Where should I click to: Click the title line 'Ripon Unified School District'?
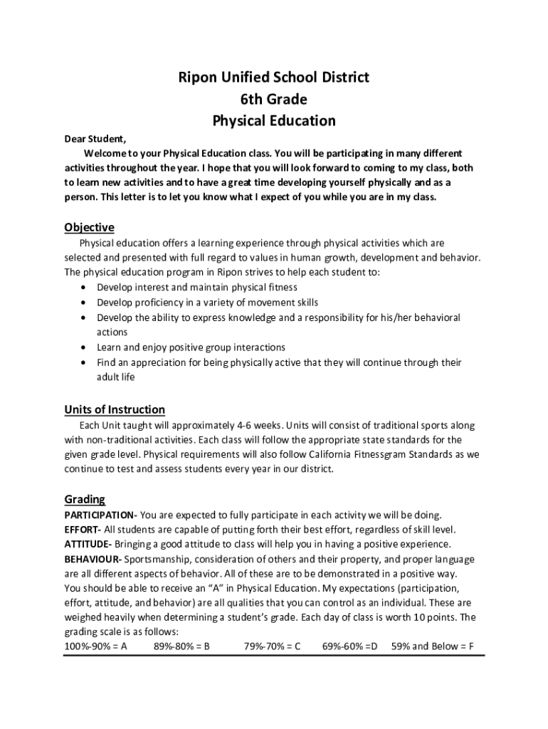(x=274, y=78)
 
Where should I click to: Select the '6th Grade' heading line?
(x=274, y=99)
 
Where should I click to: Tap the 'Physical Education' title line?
(x=274, y=121)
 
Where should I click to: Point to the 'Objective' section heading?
(x=89, y=228)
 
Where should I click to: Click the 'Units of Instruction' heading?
(x=115, y=409)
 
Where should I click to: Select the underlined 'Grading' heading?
(x=85, y=499)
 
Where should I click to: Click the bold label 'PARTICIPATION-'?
(x=100, y=515)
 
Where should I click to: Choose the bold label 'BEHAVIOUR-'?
(x=93, y=560)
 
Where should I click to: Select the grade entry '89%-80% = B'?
(x=181, y=646)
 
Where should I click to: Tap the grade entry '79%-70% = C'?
(x=272, y=646)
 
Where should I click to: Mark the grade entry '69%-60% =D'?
(x=349, y=646)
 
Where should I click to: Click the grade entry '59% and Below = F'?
(x=433, y=646)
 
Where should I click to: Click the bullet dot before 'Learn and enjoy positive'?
(x=85, y=348)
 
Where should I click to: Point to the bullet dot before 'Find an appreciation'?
(x=85, y=363)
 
